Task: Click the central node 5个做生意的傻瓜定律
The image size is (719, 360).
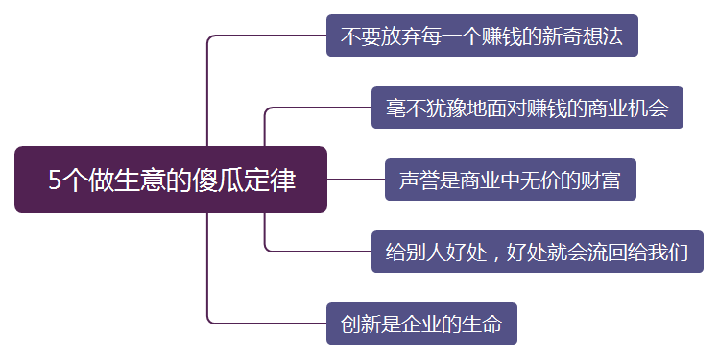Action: (171, 180)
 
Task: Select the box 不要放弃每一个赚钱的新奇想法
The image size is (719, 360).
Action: (482, 36)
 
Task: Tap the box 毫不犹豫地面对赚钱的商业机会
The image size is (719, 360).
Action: (527, 108)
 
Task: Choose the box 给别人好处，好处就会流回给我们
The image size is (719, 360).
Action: (538, 252)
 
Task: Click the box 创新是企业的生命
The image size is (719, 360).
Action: (421, 324)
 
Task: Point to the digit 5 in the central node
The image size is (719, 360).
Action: (55, 180)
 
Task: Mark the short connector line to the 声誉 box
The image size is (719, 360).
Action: (355, 180)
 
